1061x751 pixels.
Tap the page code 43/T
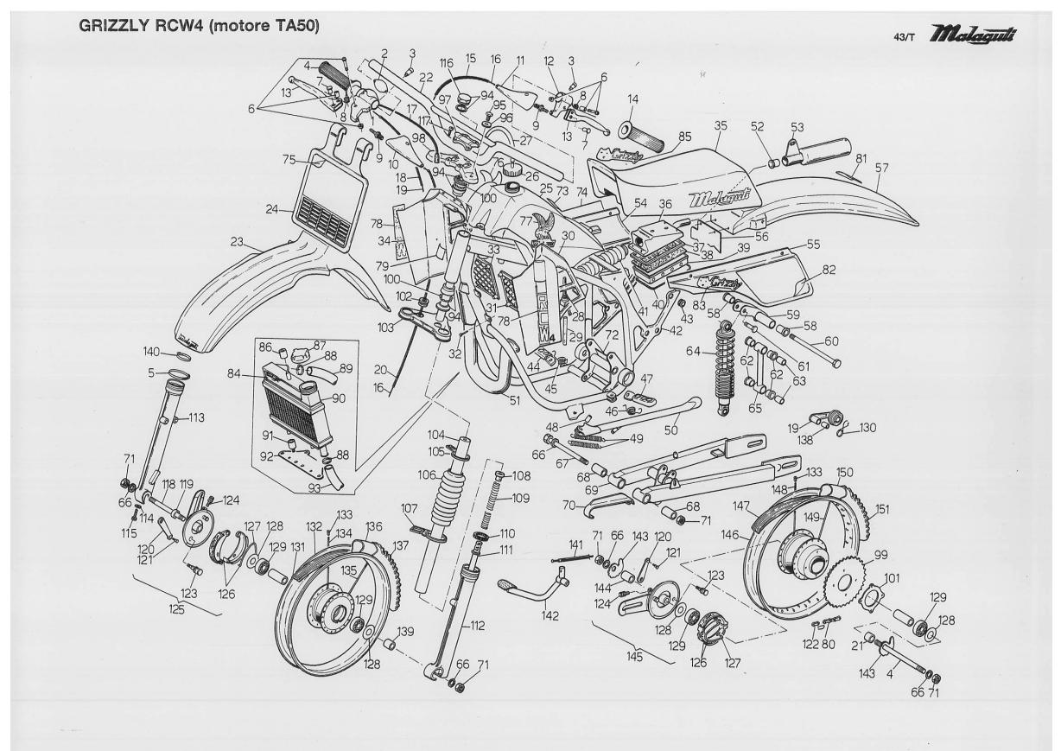[914, 39]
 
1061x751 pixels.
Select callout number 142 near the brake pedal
[550, 615]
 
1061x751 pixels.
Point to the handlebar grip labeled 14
[639, 135]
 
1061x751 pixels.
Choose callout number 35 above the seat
[721, 125]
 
